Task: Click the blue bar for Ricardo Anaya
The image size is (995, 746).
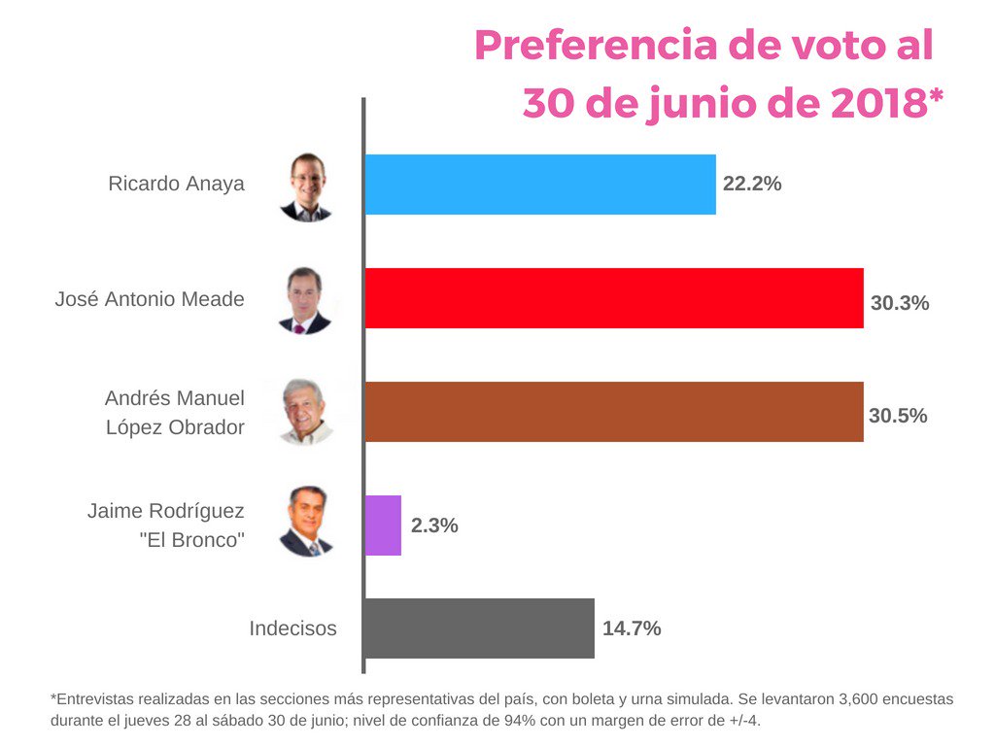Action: click(x=539, y=185)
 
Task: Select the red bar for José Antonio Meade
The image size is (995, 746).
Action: click(x=613, y=298)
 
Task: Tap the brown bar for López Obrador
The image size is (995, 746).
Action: click(x=613, y=412)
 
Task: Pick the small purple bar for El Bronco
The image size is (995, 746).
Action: click(x=383, y=526)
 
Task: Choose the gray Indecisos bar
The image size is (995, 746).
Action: click(x=479, y=628)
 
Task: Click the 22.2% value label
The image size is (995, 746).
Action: click(x=752, y=183)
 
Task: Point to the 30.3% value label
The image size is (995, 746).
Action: click(x=900, y=303)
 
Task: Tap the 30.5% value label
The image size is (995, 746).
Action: click(x=898, y=416)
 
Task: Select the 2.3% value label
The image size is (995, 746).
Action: click(x=434, y=526)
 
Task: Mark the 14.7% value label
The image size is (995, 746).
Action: click(x=632, y=628)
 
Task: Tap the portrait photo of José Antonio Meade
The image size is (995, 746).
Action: click(x=305, y=300)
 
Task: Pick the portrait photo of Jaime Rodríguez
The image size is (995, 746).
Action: click(x=306, y=523)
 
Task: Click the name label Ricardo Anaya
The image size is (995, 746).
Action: click(x=176, y=184)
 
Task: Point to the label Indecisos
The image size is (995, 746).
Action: click(x=292, y=628)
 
